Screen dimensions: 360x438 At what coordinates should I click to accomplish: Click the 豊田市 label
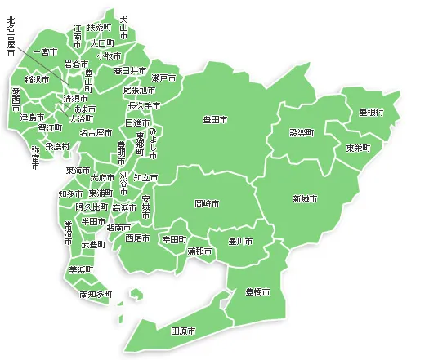click(216, 120)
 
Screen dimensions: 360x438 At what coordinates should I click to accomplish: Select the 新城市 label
click(305, 198)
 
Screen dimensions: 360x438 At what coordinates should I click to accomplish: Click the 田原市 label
click(183, 331)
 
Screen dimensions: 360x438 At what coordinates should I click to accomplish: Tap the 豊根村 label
click(371, 112)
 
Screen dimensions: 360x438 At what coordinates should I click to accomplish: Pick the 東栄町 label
click(358, 148)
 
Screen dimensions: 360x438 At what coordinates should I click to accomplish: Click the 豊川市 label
click(239, 242)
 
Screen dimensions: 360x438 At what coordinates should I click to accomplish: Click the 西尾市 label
click(137, 238)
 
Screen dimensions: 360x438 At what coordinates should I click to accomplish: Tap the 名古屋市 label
click(96, 132)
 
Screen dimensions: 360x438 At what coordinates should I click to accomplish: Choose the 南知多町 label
click(96, 293)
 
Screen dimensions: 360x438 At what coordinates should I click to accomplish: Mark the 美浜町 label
click(81, 269)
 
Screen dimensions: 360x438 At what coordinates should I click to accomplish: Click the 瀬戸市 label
click(164, 78)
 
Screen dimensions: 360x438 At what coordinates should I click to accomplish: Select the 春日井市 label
click(130, 71)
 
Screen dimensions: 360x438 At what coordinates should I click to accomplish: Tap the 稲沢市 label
click(38, 79)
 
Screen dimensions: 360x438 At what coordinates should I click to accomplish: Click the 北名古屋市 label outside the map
click(11, 36)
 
